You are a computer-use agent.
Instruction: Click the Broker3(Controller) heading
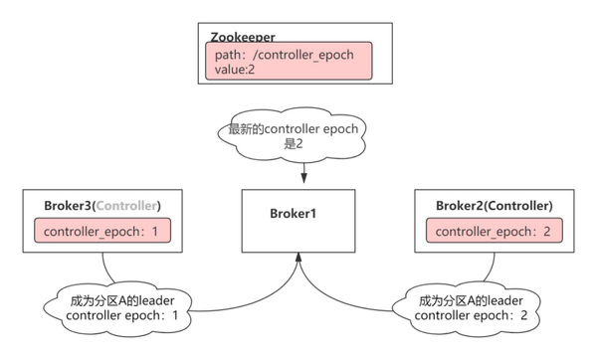(102, 206)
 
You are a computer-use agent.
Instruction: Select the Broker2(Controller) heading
(495, 206)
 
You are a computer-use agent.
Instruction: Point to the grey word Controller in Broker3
(125, 206)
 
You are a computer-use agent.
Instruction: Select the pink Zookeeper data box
(288, 62)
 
